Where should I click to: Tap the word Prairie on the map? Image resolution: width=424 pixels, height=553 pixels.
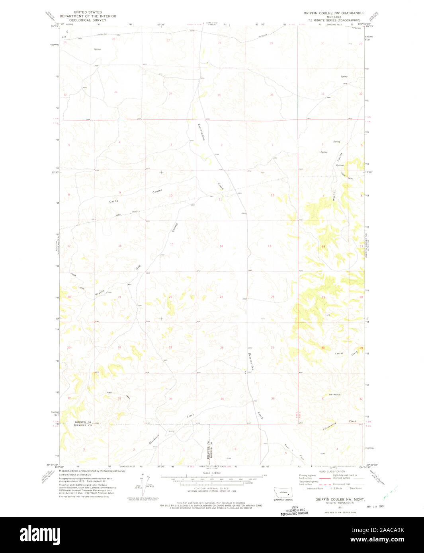pos(100,292)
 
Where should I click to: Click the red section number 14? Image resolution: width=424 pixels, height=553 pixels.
pos(221,246)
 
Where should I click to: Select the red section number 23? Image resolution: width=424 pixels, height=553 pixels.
pos(221,297)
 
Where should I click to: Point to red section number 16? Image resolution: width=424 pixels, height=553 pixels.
pos(120,246)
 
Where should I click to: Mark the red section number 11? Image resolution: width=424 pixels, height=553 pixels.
pos(220,199)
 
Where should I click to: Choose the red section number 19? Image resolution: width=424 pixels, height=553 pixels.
pos(323,297)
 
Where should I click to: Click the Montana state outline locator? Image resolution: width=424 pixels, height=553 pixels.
pos(283,492)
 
